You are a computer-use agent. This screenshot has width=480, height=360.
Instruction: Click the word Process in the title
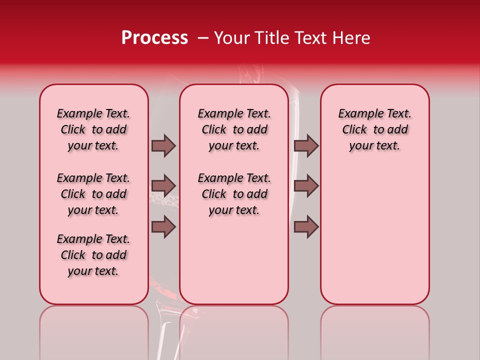(x=154, y=38)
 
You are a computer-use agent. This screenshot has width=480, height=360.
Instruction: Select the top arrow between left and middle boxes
(x=163, y=145)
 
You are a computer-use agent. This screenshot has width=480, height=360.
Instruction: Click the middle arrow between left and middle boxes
(x=163, y=186)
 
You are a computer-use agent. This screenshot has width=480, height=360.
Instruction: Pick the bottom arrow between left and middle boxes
(x=163, y=227)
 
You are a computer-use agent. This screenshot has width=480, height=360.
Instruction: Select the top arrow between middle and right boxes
(x=306, y=145)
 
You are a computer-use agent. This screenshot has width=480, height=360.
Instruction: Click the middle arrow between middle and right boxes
(x=306, y=186)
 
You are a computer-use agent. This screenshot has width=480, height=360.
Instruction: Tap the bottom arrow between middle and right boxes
(x=306, y=227)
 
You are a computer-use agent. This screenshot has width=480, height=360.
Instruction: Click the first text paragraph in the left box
(x=93, y=129)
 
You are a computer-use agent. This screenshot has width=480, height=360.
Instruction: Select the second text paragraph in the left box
(x=93, y=194)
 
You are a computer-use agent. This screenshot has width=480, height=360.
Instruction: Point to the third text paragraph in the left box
(x=93, y=255)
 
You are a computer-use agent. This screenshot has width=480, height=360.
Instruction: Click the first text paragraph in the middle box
(x=234, y=129)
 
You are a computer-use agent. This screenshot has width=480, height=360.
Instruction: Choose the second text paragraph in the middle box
(x=234, y=194)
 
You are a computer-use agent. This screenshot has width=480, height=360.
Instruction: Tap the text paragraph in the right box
(x=374, y=129)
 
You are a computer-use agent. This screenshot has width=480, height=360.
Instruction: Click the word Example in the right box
(x=357, y=113)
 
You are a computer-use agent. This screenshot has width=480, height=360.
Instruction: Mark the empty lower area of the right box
(x=374, y=240)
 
